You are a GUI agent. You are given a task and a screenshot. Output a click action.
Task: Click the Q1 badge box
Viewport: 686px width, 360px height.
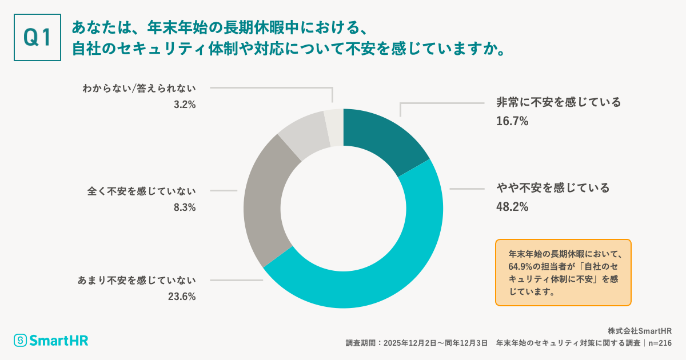click(x=37, y=37)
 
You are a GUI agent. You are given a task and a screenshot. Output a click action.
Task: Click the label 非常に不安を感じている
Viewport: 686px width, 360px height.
click(x=558, y=103)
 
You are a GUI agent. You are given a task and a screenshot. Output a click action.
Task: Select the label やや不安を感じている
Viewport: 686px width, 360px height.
click(x=552, y=188)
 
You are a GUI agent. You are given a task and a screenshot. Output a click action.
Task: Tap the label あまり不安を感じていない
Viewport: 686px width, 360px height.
click(x=137, y=280)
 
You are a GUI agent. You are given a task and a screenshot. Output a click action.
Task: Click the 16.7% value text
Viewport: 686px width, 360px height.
click(x=512, y=121)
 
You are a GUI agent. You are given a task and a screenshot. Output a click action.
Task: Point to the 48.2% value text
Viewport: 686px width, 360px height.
click(x=512, y=206)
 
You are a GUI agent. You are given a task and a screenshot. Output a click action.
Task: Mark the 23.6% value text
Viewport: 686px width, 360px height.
click(x=182, y=297)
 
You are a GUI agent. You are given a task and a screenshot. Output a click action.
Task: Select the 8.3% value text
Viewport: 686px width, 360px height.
click(x=185, y=207)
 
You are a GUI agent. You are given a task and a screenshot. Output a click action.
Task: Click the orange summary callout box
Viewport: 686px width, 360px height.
click(x=563, y=272)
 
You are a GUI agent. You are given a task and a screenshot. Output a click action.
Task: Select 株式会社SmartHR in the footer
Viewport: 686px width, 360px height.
click(x=639, y=331)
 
